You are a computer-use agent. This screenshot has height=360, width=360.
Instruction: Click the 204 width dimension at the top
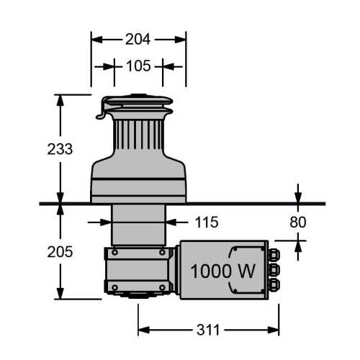[138, 40]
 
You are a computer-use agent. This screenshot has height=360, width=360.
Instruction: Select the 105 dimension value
[138, 66]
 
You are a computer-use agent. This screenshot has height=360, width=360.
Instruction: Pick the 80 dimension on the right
[298, 222]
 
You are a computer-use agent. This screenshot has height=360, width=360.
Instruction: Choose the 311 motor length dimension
[209, 330]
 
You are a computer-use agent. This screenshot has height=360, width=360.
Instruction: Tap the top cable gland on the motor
[274, 255]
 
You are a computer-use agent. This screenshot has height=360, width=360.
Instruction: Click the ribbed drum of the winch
[138, 137]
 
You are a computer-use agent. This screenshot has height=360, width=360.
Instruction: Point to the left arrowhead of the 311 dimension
[142, 330]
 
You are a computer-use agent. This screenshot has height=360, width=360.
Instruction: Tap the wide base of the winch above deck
[138, 184]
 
